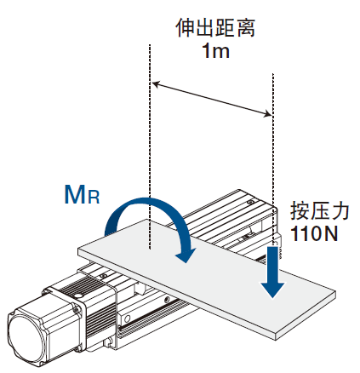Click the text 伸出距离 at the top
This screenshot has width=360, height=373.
point(215,28)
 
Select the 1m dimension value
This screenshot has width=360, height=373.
point(215,51)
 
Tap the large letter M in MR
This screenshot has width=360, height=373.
point(76,194)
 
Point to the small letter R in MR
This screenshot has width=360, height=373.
point(94,198)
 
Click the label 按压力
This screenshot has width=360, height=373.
point(319,211)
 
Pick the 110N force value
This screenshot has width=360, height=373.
point(314,234)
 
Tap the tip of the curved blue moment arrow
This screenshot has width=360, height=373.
point(186,262)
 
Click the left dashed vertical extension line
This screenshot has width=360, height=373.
point(149,146)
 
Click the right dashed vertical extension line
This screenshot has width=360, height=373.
point(273,159)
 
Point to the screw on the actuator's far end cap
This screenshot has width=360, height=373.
point(250,203)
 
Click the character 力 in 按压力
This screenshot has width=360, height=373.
point(340,211)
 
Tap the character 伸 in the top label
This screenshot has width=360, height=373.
point(186,28)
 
